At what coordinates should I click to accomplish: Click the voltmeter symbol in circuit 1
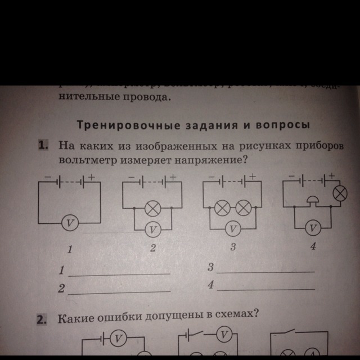pyautogui.click(x=69, y=223)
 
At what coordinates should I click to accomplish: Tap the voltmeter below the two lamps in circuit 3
pyautogui.click(x=233, y=228)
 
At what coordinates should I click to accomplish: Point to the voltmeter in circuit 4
pyautogui.click(x=314, y=227)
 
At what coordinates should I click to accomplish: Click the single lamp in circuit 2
pyautogui.click(x=152, y=209)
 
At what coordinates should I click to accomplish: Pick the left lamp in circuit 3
pyautogui.click(x=223, y=208)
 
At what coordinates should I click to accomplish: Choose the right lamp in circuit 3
pyautogui.click(x=243, y=208)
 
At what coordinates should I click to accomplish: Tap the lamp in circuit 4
pyautogui.click(x=339, y=193)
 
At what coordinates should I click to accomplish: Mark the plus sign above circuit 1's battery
pyautogui.click(x=92, y=175)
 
